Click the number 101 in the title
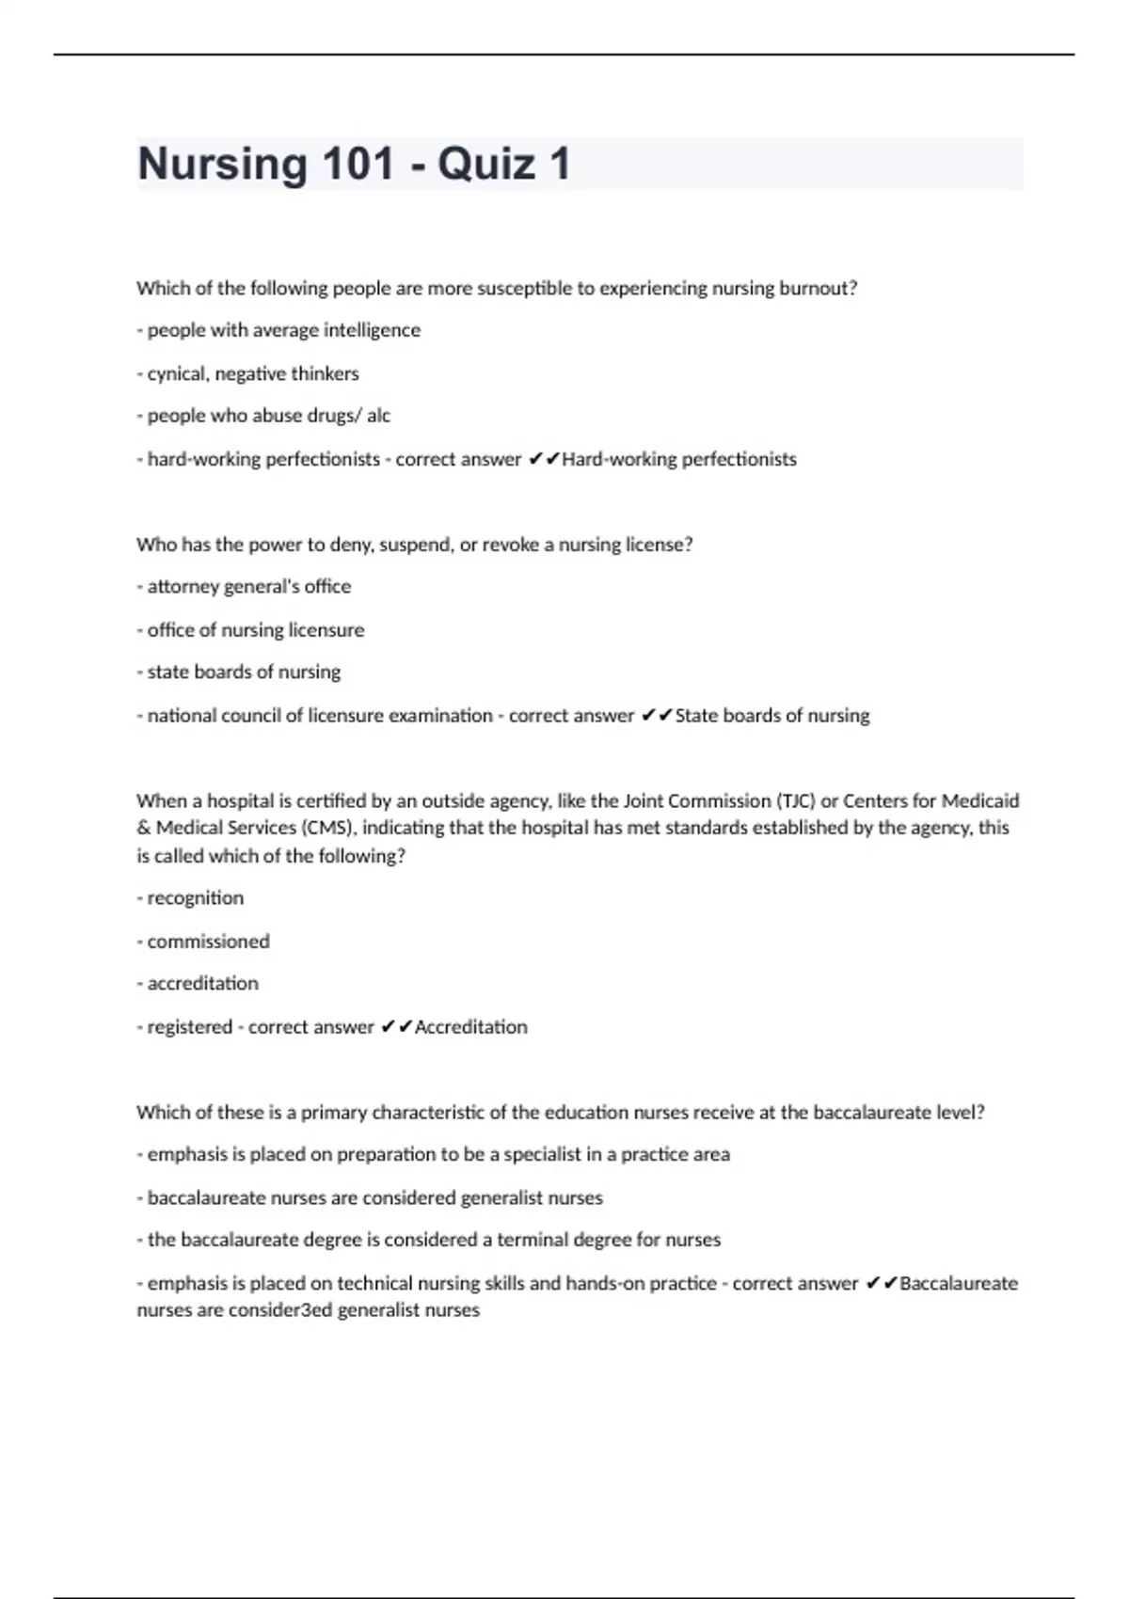358,164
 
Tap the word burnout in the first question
817,289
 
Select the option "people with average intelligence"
283,330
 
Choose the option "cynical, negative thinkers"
252,373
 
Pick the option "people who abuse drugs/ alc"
268,416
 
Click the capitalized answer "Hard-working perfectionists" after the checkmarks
678,459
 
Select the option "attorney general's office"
248,587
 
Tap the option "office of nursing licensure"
255,630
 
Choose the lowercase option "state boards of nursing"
244,673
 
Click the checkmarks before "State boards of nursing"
657,716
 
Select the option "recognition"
195,898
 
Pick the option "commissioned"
208,942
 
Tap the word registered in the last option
189,1027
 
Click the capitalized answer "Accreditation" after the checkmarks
470,1027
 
